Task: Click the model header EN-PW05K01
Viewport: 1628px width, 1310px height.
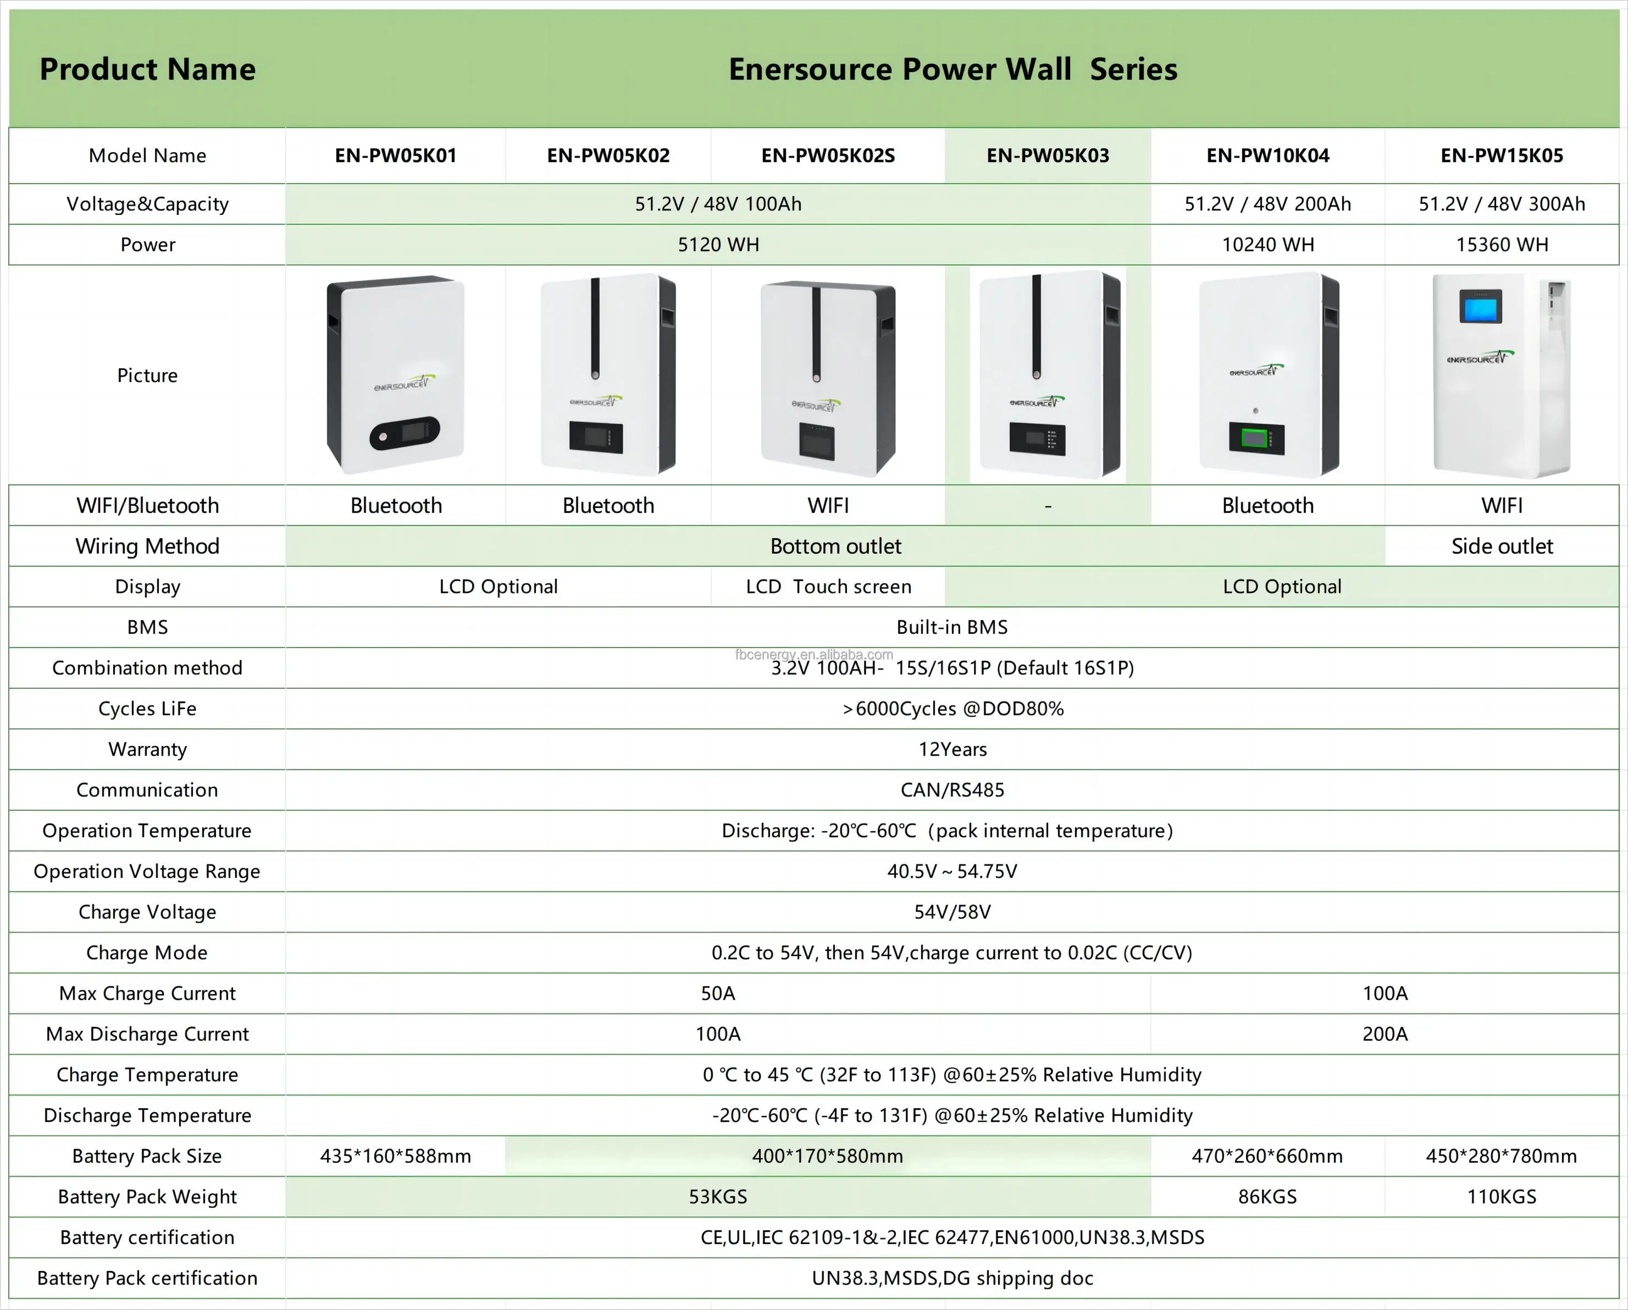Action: pyautogui.click(x=396, y=156)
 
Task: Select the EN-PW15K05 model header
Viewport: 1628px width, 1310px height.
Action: pyautogui.click(x=1501, y=156)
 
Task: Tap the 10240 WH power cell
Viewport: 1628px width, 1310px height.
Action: pyautogui.click(x=1268, y=245)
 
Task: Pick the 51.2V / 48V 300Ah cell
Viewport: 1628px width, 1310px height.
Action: pyautogui.click(x=1501, y=204)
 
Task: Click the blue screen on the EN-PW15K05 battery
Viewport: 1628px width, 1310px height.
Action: pyautogui.click(x=1480, y=307)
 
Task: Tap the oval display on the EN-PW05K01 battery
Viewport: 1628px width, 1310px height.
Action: pyautogui.click(x=404, y=434)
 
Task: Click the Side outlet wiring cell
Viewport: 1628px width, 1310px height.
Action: pyautogui.click(x=1501, y=546)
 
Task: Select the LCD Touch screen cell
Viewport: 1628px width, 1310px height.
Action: pyautogui.click(x=828, y=587)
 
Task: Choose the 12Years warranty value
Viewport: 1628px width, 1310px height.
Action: pyautogui.click(x=952, y=749)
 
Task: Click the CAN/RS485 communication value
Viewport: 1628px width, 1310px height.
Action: pyautogui.click(x=952, y=790)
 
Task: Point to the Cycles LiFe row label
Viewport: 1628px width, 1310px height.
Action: pyautogui.click(x=147, y=708)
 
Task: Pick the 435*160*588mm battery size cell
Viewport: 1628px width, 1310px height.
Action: pyautogui.click(x=396, y=1156)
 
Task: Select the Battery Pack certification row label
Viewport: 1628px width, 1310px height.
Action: pyautogui.click(x=147, y=1278)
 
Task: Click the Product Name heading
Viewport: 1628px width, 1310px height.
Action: pyautogui.click(x=147, y=69)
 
